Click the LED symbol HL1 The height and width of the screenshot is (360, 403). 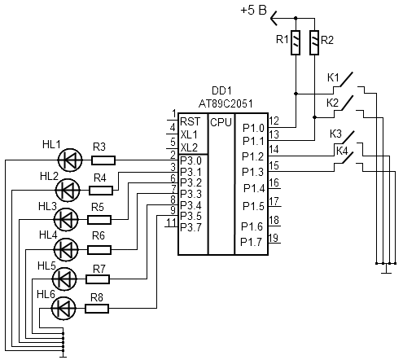[70, 160]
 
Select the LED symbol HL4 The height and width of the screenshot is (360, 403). [66, 249]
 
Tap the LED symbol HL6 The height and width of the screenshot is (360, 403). [64, 309]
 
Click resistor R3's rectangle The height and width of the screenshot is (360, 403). [103, 160]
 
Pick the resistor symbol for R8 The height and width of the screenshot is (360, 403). [97, 309]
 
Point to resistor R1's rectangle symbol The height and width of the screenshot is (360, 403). [296, 42]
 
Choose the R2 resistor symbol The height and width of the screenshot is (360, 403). [314, 42]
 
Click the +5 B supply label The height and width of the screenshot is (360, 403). [254, 11]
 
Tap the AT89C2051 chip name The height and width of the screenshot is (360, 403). [226, 103]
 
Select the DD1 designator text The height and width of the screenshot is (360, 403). [221, 90]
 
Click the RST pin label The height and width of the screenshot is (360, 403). [191, 121]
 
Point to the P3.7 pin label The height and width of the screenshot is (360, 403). [191, 227]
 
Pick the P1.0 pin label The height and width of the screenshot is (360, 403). [253, 128]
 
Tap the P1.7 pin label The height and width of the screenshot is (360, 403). [252, 242]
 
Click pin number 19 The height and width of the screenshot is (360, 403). [274, 238]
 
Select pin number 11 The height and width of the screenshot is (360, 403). [172, 222]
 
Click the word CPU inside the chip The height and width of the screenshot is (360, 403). [221, 122]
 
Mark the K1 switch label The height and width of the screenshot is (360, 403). [333, 78]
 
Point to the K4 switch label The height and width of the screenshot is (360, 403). [342, 151]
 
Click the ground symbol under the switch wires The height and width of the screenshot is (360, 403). [386, 269]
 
